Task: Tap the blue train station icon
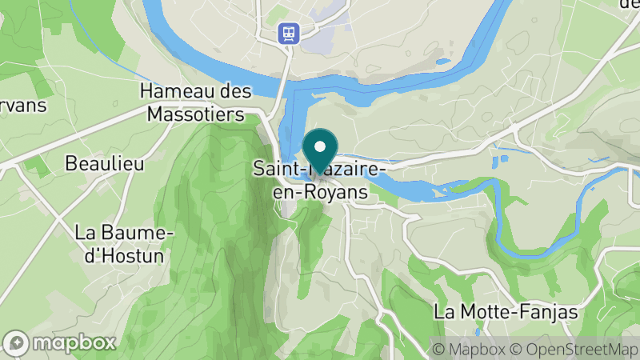pyautogui.click(x=287, y=33)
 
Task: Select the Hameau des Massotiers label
pyautogui.click(x=196, y=103)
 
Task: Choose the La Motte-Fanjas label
pyautogui.click(x=506, y=311)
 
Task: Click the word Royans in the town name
pyautogui.click(x=335, y=193)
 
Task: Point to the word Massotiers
pyautogui.click(x=196, y=114)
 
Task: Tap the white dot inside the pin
pyautogui.click(x=320, y=146)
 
